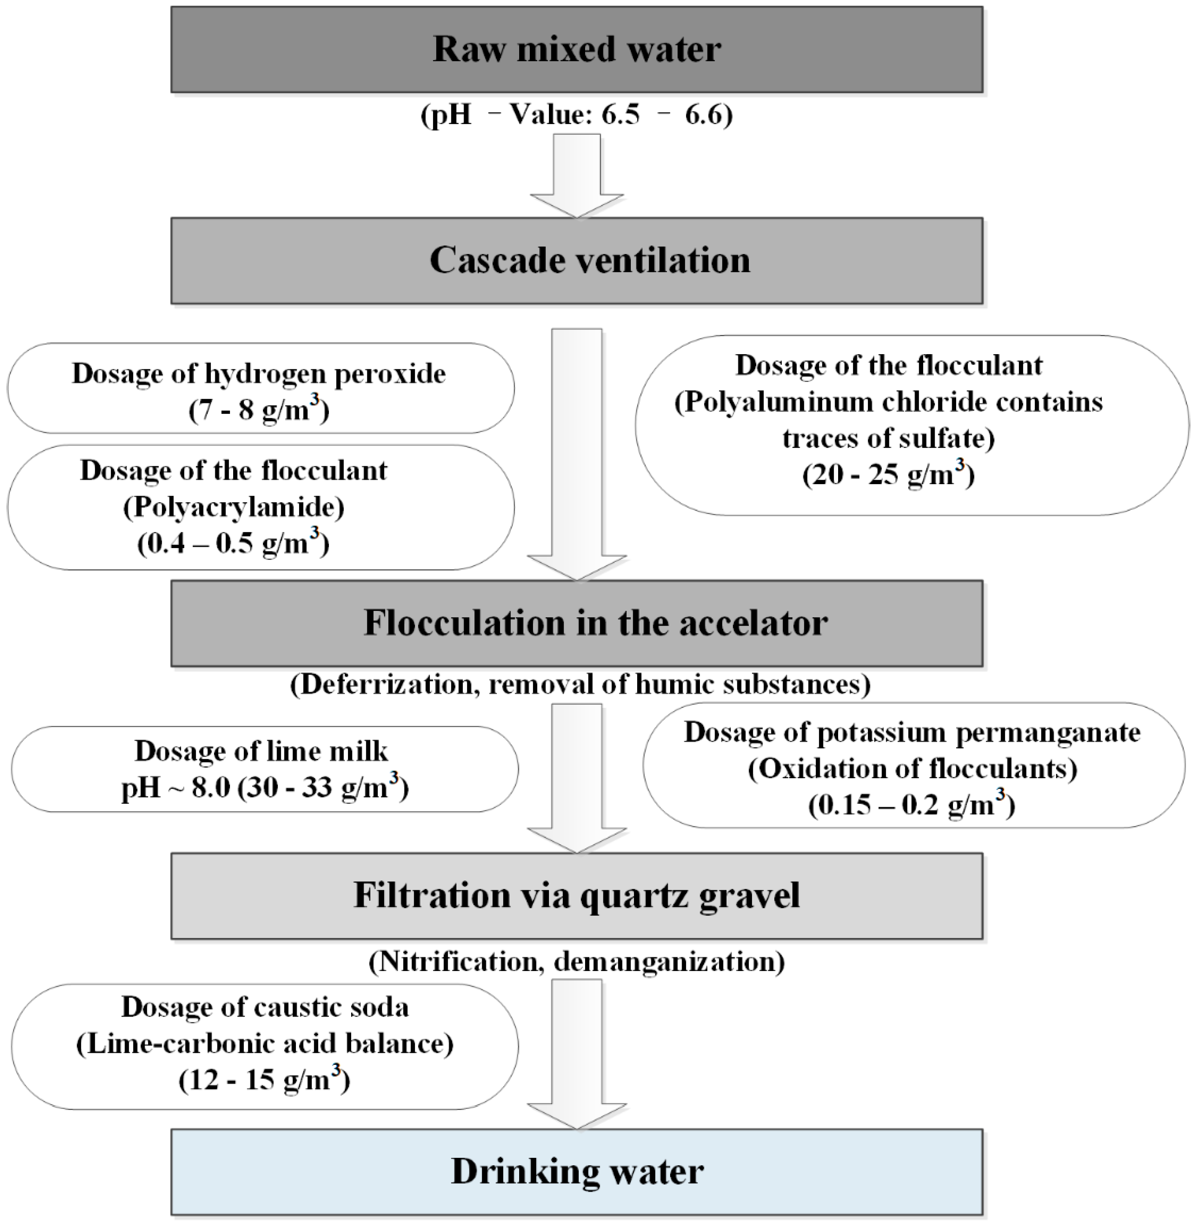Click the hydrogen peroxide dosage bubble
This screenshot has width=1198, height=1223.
point(261,388)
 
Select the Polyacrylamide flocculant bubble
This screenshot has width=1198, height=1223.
point(261,507)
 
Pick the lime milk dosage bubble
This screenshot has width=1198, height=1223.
point(264,769)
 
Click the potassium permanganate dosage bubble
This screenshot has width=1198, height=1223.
point(914,766)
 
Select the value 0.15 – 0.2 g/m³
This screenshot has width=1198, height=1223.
point(911,805)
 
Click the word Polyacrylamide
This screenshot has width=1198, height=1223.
point(234,507)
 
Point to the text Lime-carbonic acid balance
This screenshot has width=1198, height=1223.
point(264,1044)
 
